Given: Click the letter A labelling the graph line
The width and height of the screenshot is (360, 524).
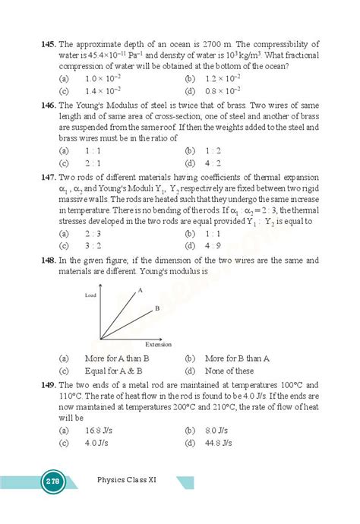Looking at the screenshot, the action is pos(141,290).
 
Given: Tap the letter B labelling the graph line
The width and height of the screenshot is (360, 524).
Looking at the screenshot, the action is pos(156,308).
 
